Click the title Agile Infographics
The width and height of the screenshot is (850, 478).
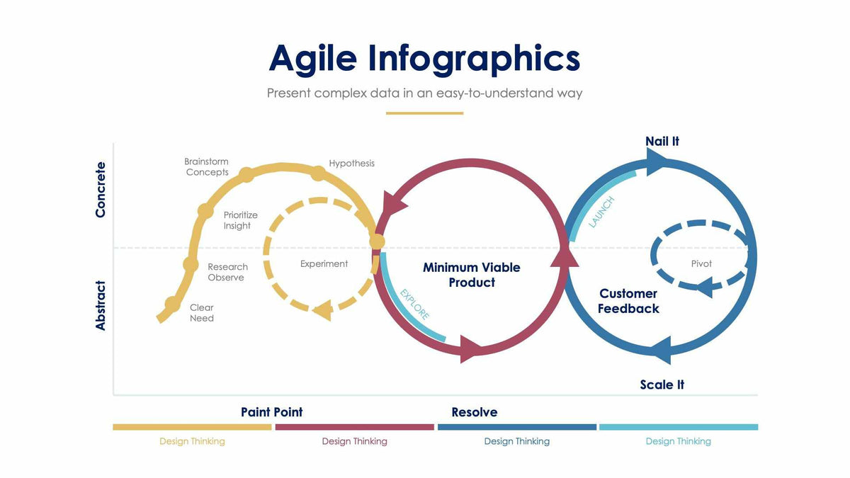[x=424, y=58]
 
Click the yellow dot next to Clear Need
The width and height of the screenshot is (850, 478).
[x=172, y=305]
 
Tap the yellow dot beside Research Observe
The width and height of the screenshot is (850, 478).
[x=191, y=264]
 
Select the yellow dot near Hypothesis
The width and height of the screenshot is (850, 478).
[x=318, y=173]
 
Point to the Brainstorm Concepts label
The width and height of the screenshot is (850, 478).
[x=207, y=167]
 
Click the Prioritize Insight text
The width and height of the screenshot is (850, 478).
[x=240, y=220]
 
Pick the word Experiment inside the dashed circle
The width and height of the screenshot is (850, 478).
[x=324, y=264]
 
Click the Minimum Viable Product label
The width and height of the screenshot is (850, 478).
[x=472, y=275]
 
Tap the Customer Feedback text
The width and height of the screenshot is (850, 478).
[x=628, y=301]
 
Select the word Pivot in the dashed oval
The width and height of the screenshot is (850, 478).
[x=701, y=264]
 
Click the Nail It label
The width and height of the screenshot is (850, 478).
[x=662, y=142]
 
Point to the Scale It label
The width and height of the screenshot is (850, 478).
[x=662, y=385]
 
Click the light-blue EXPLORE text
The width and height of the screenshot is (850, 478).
[x=414, y=305]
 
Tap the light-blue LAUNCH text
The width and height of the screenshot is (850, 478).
[x=601, y=212]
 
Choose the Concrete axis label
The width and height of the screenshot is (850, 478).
[x=101, y=190]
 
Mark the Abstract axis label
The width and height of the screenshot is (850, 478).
[x=101, y=305]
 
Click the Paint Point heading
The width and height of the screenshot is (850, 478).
[x=271, y=412]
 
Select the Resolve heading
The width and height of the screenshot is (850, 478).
[x=475, y=412]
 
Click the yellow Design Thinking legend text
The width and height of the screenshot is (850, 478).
[x=192, y=441]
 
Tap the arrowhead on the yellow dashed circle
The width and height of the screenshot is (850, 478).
[x=323, y=309]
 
